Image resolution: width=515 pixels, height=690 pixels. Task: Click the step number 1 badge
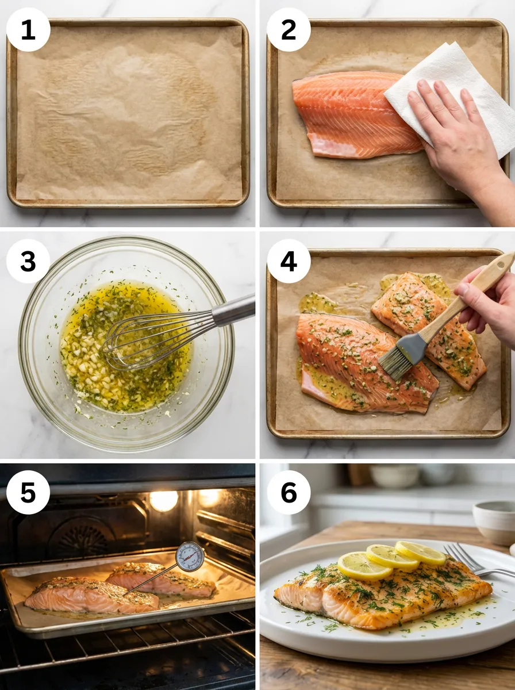28,29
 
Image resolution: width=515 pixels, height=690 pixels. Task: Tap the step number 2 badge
289,29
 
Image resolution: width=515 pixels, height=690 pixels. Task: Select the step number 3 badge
28,261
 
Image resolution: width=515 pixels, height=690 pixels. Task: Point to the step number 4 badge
289,261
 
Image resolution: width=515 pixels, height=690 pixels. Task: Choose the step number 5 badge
28,492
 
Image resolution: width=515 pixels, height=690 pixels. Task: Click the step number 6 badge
289,492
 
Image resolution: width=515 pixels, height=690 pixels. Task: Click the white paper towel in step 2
454,86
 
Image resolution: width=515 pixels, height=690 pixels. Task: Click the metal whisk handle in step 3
233,310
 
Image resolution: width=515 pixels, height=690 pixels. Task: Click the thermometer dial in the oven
190,556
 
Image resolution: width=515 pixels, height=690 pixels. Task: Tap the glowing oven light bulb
164,501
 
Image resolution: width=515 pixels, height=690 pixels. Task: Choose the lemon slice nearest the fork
420,553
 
